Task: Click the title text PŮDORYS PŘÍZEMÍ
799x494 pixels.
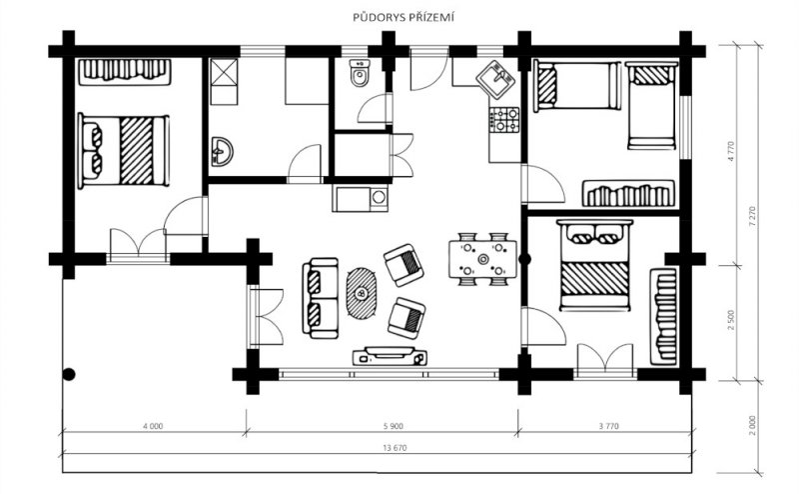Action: [x=403, y=18]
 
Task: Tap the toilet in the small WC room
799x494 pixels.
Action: [x=360, y=73]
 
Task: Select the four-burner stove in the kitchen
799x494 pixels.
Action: [x=504, y=120]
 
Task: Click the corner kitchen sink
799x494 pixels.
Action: [x=495, y=78]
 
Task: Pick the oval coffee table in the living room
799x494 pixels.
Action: [x=363, y=293]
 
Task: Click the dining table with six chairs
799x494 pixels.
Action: [x=482, y=259]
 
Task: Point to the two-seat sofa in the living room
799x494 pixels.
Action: [x=320, y=299]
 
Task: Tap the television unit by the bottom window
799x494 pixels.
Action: [x=390, y=356]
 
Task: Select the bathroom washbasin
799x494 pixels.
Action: [x=221, y=152]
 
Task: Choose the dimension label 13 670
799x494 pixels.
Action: [x=395, y=448]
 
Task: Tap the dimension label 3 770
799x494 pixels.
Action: [x=608, y=426]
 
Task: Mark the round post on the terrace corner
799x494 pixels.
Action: [x=69, y=375]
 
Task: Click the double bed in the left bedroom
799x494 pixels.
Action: [x=123, y=151]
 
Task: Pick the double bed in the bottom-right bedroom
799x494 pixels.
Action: [x=594, y=265]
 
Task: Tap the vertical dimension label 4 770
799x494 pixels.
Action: [x=732, y=152]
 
